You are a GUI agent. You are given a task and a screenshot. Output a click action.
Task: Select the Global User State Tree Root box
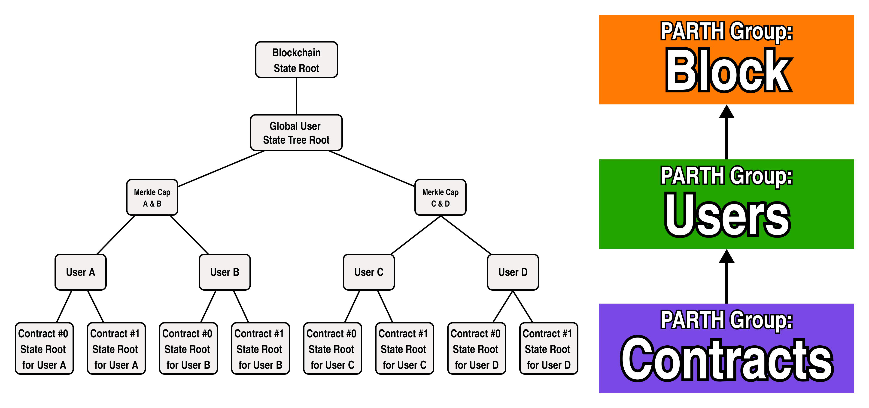(296, 133)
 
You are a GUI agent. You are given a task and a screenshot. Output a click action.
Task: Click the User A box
(80, 272)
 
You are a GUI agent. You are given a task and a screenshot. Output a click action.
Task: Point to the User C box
(368, 272)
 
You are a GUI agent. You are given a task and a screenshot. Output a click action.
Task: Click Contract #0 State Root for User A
(44, 349)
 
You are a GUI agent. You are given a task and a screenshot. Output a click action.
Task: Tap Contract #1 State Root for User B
(260, 349)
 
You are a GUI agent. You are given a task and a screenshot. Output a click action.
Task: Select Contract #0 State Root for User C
(332, 349)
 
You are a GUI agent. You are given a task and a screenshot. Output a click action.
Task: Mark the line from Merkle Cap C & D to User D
(466, 235)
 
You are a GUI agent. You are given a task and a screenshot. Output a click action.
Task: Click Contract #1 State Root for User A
(116, 349)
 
